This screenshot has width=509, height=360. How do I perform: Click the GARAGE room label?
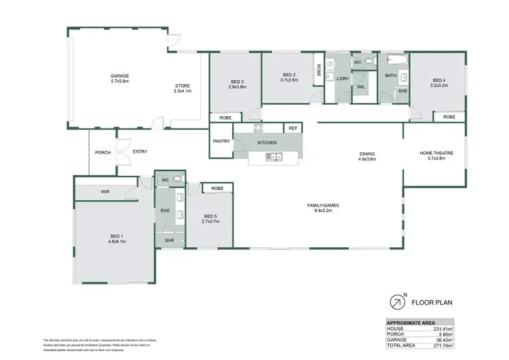(x=119, y=75)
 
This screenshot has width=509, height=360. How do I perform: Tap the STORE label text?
(x=183, y=86)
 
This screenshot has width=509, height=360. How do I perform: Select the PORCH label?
(x=102, y=152)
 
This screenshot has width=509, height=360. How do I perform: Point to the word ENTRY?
(x=140, y=151)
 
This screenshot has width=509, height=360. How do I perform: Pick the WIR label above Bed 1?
(x=105, y=192)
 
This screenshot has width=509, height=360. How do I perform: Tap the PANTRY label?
(x=221, y=141)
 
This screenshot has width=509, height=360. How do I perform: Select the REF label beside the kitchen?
(x=293, y=128)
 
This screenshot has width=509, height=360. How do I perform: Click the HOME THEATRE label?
(x=435, y=153)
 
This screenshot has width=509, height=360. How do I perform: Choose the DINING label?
(x=367, y=154)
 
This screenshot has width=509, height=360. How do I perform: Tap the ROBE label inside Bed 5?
(x=217, y=188)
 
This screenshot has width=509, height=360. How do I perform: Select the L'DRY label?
(x=342, y=79)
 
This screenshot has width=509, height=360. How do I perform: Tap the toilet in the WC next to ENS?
(x=177, y=179)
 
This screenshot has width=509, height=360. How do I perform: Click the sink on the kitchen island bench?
(x=274, y=158)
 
